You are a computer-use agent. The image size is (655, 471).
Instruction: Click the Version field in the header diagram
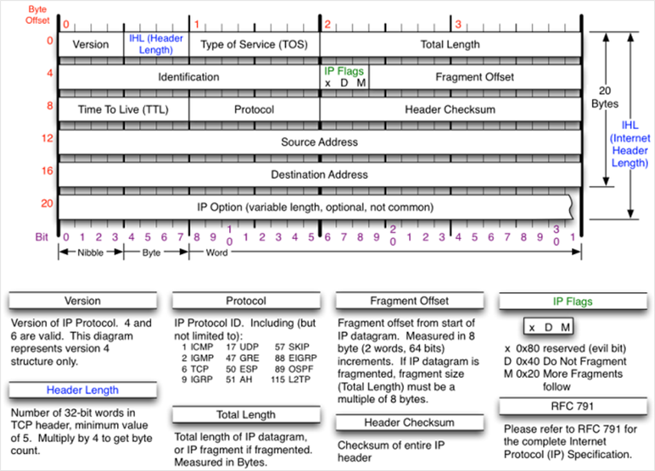point(91,44)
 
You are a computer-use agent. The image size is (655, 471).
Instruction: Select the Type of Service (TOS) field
point(254,44)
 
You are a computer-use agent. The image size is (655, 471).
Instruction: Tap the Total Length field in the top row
point(450,44)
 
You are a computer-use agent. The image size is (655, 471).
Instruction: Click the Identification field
point(189,77)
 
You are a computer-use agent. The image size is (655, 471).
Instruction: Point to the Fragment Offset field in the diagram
point(475,77)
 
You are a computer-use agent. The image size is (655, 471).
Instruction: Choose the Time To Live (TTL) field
point(123,110)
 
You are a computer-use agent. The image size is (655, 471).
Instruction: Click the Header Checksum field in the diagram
point(450,110)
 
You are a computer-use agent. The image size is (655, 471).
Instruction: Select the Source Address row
point(320,142)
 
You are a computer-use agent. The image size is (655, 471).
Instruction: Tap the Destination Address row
point(320,175)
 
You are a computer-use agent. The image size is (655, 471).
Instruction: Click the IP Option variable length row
point(316,207)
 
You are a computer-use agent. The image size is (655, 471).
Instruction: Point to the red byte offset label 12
point(47,138)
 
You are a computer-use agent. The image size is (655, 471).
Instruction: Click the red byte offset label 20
point(47,203)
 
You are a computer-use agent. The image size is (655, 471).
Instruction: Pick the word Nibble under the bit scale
point(91,252)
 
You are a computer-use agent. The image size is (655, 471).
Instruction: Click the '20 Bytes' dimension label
point(605,97)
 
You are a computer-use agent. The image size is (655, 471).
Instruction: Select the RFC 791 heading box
point(572,406)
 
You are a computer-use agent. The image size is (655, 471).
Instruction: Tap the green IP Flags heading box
point(572,301)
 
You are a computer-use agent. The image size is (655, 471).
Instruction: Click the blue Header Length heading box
point(83,390)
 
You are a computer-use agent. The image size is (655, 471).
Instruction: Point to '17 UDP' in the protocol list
point(242,347)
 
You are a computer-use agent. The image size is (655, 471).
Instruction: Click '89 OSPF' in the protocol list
point(294,369)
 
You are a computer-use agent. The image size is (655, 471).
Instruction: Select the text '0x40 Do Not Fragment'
point(571,361)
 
